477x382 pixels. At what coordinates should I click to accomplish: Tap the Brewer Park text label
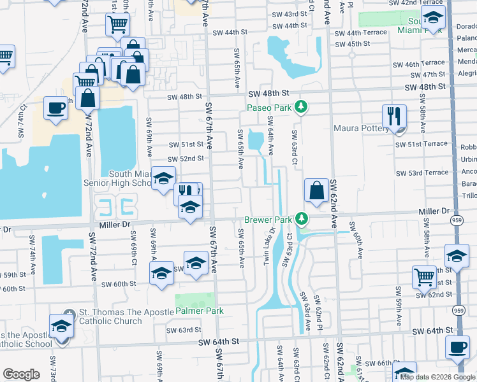(268, 220)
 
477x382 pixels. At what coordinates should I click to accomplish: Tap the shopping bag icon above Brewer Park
(316, 189)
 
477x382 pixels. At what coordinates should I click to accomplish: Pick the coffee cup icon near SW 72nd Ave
(56, 107)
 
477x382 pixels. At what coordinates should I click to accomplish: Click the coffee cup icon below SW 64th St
(456, 348)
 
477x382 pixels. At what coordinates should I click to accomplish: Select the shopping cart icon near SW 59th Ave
(424, 276)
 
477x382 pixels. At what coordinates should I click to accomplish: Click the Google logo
(21, 374)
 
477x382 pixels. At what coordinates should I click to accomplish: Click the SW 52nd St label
(186, 159)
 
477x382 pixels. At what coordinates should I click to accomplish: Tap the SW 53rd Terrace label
(422, 173)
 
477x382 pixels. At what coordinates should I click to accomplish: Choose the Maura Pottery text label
(360, 128)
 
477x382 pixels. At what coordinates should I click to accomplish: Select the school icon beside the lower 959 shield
(457, 256)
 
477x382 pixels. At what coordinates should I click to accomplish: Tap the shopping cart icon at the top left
(117, 24)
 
